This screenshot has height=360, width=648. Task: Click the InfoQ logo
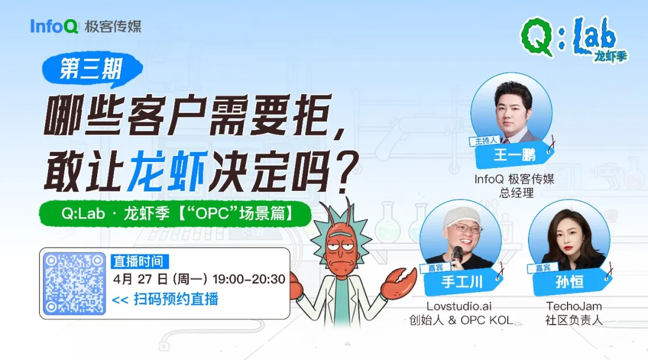(x=55, y=26)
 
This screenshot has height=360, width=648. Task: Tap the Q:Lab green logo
(x=567, y=38)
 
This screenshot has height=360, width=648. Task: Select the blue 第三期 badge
(x=91, y=70)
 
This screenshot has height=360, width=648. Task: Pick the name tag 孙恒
(x=569, y=281)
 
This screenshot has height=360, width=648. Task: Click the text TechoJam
(x=574, y=306)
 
